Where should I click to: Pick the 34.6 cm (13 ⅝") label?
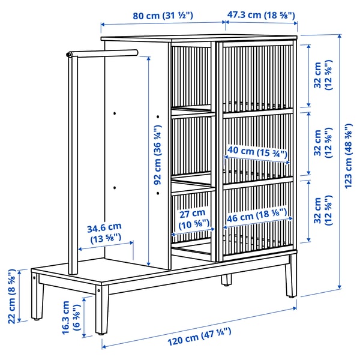click(x=104, y=232)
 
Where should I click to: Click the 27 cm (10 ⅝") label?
click(x=191, y=217)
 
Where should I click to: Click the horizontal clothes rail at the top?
click(x=105, y=54)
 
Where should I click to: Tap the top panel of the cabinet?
click(x=198, y=38)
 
